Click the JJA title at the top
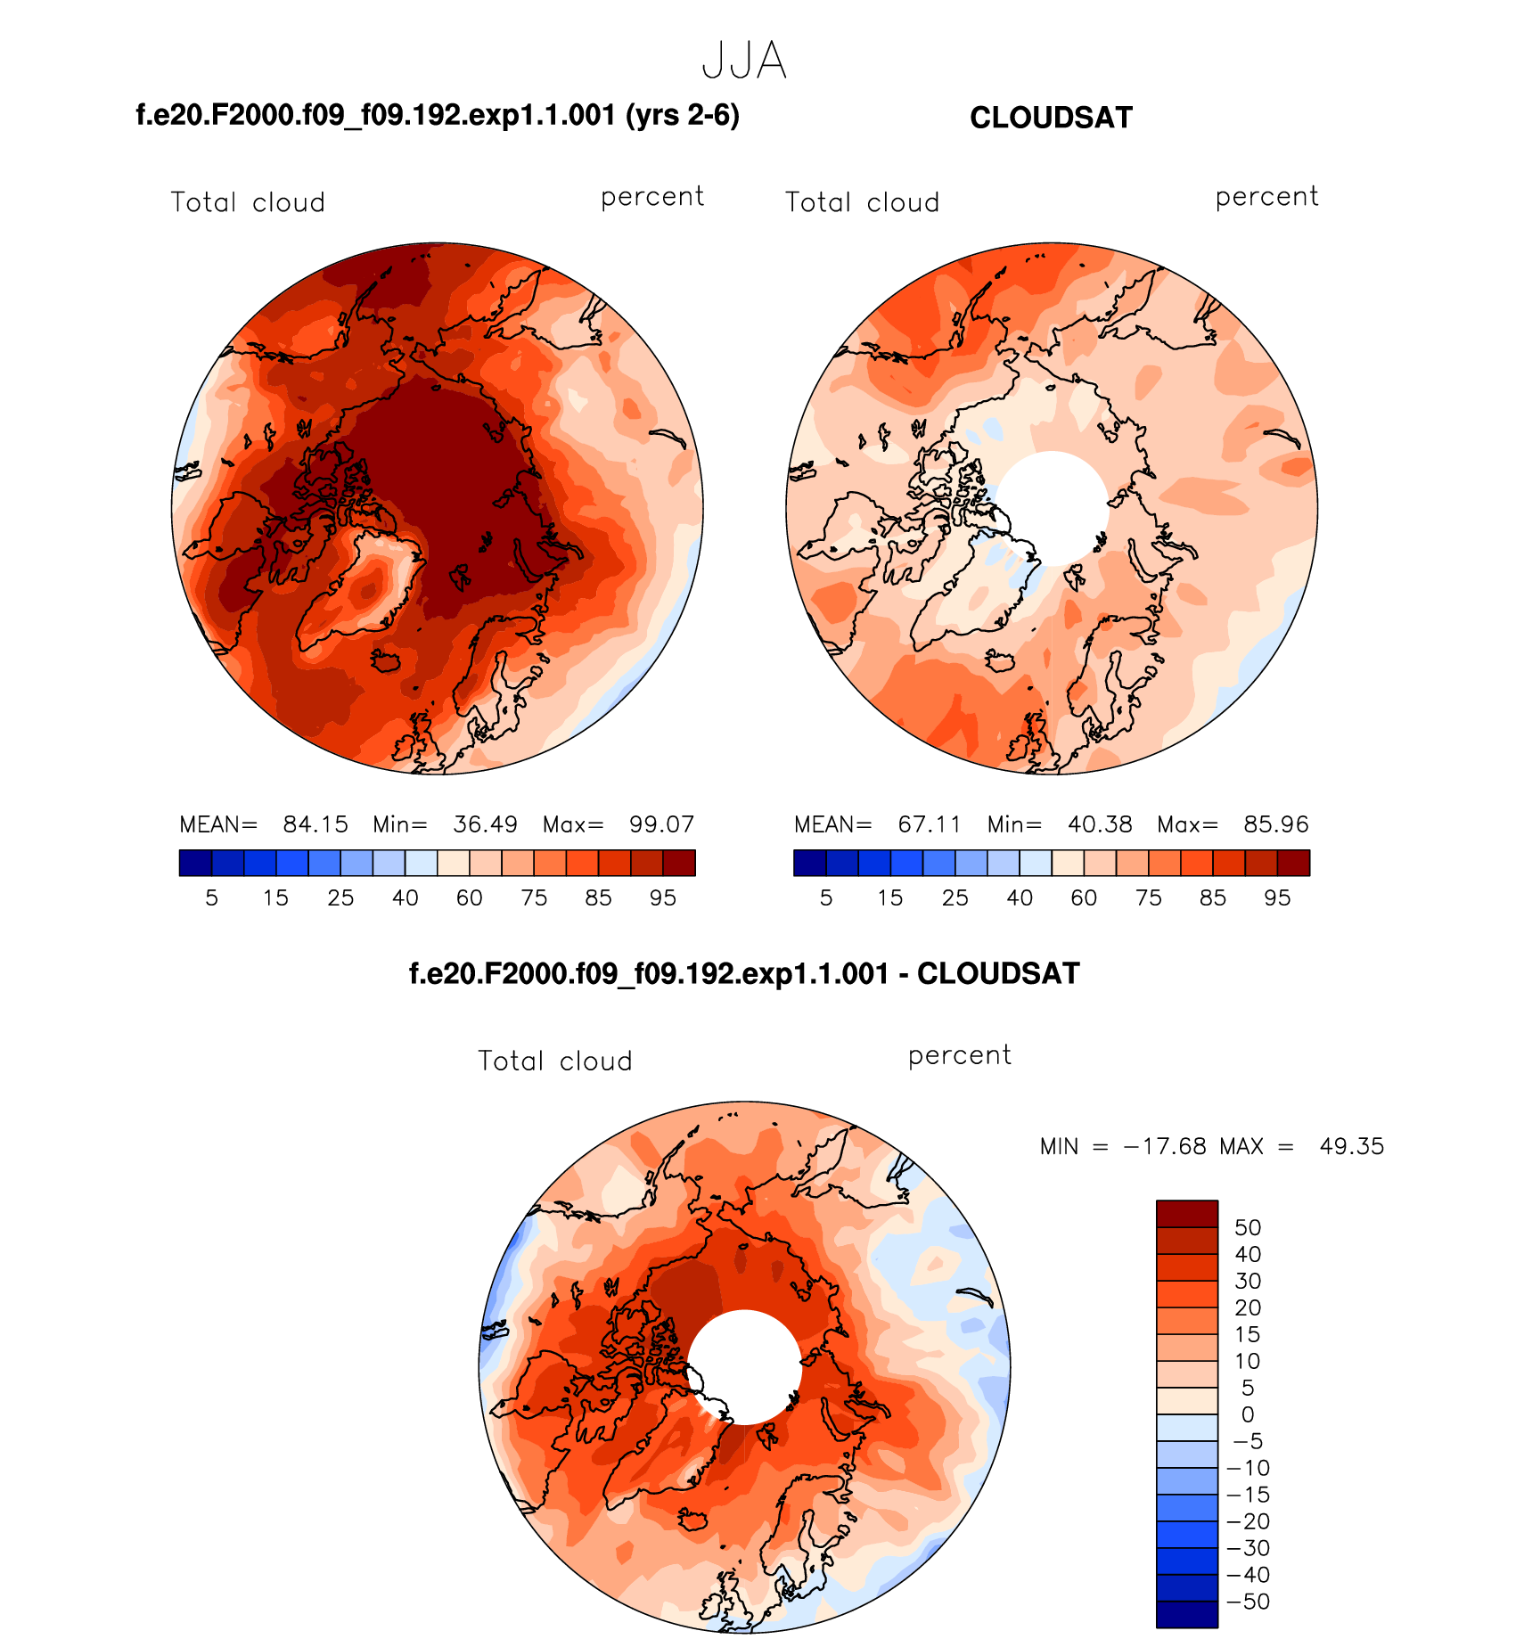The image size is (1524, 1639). click(x=744, y=61)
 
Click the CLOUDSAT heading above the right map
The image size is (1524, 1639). click(x=1051, y=118)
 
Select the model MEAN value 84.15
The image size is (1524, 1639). click(x=315, y=824)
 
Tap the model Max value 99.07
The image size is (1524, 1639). click(x=661, y=824)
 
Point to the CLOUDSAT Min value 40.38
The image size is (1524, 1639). click(x=1100, y=824)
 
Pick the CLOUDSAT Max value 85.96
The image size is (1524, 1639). click(x=1276, y=824)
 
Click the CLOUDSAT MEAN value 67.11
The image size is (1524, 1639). click(x=930, y=824)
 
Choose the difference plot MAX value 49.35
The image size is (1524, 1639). click(x=1352, y=1146)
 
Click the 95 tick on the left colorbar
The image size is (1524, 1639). click(x=663, y=897)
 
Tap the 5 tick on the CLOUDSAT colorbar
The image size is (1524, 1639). click(x=826, y=897)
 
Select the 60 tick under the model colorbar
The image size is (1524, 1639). click(x=470, y=897)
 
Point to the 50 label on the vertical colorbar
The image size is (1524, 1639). click(x=1248, y=1227)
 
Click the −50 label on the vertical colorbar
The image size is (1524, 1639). click(x=1250, y=1602)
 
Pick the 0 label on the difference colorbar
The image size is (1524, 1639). click(x=1248, y=1414)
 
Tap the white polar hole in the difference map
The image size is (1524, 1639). click(x=744, y=1367)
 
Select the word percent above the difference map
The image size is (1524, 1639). click(x=960, y=1055)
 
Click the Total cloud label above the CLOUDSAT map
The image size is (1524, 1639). click(x=862, y=202)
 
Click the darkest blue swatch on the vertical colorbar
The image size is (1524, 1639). click(x=1186, y=1614)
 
